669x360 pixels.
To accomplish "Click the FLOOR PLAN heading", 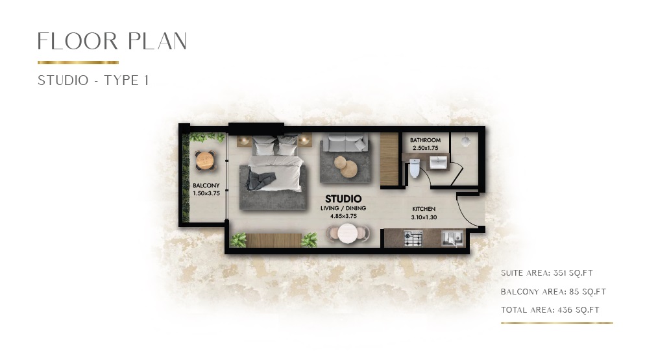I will tap(112, 42).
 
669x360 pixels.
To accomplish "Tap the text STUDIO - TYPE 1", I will tap(93, 80).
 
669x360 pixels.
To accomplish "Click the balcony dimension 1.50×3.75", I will tap(205, 193).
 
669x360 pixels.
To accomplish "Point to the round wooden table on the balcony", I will tap(204, 160).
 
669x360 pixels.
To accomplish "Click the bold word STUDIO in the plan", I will tap(343, 198).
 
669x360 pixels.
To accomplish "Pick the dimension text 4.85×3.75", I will tap(343, 216).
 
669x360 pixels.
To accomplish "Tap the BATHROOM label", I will tap(426, 140).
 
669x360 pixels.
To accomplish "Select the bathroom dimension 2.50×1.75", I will tap(426, 147).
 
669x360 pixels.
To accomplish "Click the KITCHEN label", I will tap(424, 209).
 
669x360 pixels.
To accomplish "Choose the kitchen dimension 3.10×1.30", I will tap(424, 217).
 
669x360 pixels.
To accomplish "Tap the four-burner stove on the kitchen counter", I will tap(413, 239).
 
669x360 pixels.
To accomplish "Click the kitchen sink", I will tap(450, 239).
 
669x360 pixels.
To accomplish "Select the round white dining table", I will tap(351, 233).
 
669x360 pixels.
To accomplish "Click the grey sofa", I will tap(345, 141).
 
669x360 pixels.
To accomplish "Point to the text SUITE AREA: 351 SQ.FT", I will tap(547, 273).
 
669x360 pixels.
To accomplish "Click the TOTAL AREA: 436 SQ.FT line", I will tap(550, 310).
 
